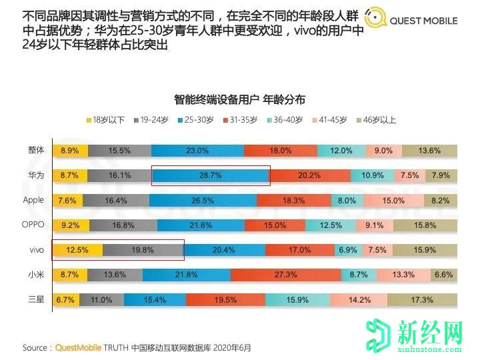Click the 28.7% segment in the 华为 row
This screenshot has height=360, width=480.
(211, 175)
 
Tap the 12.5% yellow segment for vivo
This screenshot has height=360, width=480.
(78, 250)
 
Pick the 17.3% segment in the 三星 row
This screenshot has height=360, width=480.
(423, 299)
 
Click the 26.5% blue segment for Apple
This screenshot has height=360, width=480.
(203, 200)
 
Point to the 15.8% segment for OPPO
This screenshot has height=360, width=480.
(425, 225)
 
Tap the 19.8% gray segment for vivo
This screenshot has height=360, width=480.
(143, 250)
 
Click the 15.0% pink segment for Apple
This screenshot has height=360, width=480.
(393, 200)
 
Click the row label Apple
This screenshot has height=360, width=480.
(33, 200)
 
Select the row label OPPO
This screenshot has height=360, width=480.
(33, 225)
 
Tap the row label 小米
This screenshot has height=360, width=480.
(35, 275)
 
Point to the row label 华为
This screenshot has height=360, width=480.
(35, 175)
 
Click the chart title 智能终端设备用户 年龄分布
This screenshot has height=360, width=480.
(239, 99)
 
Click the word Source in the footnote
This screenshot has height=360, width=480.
(35, 347)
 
